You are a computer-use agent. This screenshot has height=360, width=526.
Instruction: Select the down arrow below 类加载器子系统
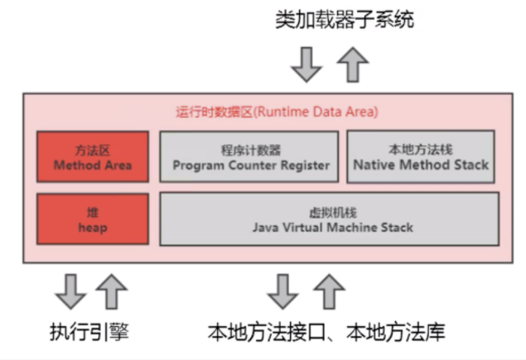click(x=307, y=64)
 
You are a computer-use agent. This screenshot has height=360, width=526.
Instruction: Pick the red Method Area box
click(x=93, y=157)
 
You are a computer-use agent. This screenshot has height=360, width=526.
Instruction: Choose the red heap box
click(x=93, y=219)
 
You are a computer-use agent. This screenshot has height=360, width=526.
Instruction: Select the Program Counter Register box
click(x=249, y=157)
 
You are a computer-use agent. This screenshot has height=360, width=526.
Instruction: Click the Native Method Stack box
click(x=422, y=157)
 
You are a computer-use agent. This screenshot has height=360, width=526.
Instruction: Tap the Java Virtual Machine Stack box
click(x=330, y=219)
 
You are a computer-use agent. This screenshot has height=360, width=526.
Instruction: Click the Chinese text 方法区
click(x=93, y=150)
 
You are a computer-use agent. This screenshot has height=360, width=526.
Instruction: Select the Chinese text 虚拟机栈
click(x=330, y=212)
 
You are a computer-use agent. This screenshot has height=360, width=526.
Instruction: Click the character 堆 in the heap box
click(x=93, y=212)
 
